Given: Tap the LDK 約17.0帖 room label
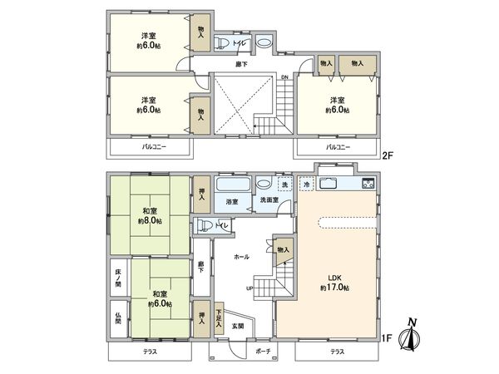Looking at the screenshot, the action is pyautogui.click(x=335, y=283).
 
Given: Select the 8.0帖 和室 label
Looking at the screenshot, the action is pyautogui.click(x=150, y=216).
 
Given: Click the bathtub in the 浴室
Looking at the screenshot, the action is pyautogui.click(x=233, y=185).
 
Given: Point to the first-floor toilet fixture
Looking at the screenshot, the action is pyautogui.click(x=205, y=225).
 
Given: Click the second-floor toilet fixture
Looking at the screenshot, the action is pyautogui.click(x=222, y=42).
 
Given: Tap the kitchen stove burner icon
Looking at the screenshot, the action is pyautogui.click(x=368, y=183).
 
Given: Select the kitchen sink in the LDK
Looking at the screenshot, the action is pyautogui.click(x=329, y=184).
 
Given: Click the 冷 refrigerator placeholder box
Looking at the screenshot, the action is pyautogui.click(x=307, y=184).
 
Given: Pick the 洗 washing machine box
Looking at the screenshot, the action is pyautogui.click(x=284, y=184).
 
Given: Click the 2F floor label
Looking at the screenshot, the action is pyautogui.click(x=388, y=155).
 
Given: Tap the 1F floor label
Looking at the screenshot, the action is pyautogui.click(x=387, y=337).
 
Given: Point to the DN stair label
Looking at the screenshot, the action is pyautogui.click(x=284, y=77).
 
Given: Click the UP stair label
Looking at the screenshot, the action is pyautogui.click(x=249, y=288).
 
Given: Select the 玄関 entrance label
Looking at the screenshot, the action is pyautogui.click(x=238, y=326).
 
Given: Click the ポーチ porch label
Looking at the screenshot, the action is pyautogui.click(x=263, y=351).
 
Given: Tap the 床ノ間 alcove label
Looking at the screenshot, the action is pyautogui.click(x=118, y=278).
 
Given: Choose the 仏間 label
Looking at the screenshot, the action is pyautogui.click(x=118, y=318).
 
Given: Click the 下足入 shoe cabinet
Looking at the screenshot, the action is pyautogui.click(x=219, y=318).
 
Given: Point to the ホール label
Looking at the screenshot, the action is pyautogui.click(x=241, y=257).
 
